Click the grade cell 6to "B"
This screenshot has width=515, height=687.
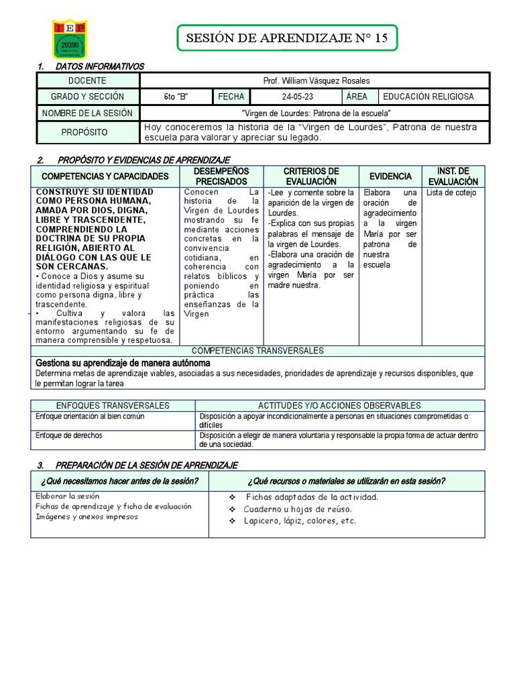tap(176, 97)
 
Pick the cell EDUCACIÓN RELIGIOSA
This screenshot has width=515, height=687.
tap(433, 97)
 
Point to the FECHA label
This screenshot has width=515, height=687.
tap(231, 97)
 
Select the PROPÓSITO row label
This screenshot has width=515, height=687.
tap(84, 132)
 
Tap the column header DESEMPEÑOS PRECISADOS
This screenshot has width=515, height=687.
tap(221, 176)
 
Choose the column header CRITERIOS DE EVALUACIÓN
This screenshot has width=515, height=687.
tap(311, 176)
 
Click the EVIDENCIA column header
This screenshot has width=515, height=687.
tap(390, 176)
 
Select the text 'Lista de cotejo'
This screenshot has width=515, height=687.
tap(451, 193)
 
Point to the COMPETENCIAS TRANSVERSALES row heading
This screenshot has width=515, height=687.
tap(257, 351)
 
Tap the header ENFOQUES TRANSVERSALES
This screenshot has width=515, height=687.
tap(113, 405)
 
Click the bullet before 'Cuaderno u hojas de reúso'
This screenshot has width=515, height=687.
tap(232, 509)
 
